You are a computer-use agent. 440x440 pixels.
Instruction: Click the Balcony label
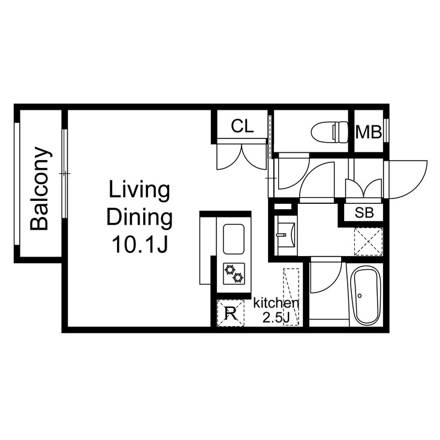[x=40, y=188]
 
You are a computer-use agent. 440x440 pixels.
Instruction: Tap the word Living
[x=138, y=191]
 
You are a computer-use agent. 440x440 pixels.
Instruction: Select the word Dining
[x=139, y=217]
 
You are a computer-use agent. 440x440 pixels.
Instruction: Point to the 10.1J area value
[x=139, y=243]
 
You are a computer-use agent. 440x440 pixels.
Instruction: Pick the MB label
[x=369, y=132]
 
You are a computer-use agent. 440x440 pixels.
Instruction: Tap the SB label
[x=364, y=212]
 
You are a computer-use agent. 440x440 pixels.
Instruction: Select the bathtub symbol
[x=365, y=296]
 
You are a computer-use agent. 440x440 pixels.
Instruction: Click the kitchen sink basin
[x=234, y=239]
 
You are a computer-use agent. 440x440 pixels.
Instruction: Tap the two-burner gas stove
[x=234, y=273]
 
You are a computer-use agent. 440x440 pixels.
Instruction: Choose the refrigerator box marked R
[x=230, y=312]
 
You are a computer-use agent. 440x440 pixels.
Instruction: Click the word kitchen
[x=276, y=303]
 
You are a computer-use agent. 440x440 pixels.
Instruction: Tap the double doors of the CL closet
[x=241, y=156]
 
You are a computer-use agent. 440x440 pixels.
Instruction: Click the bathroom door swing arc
[x=326, y=277]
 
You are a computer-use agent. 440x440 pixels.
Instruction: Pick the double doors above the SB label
[x=364, y=187]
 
